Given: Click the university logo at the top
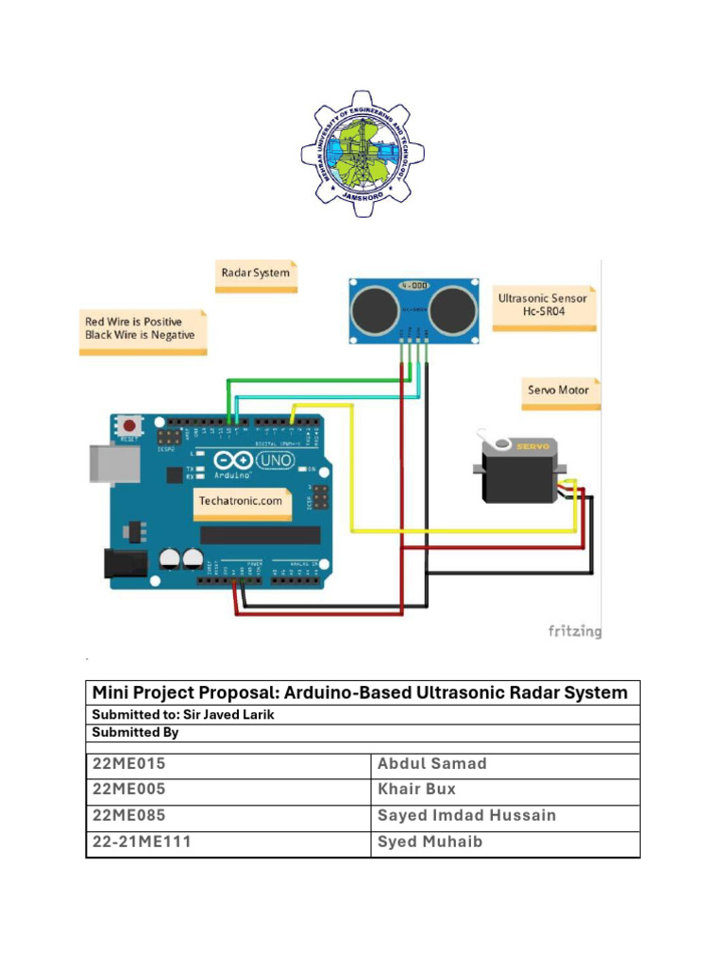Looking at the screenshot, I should pyautogui.click(x=362, y=153).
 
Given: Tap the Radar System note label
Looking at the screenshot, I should pyautogui.click(x=255, y=274).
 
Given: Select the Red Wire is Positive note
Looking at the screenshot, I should pyautogui.click(x=141, y=328).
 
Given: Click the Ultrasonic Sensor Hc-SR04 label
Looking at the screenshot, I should pyautogui.click(x=542, y=305).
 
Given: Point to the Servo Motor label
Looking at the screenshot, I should pyautogui.click(x=558, y=390).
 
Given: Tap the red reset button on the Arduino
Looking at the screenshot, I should pyautogui.click(x=128, y=425).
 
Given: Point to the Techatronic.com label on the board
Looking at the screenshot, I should pyautogui.click(x=240, y=501).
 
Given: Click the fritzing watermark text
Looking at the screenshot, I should pyautogui.click(x=574, y=631).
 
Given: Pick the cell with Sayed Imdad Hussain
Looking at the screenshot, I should pyautogui.click(x=466, y=815).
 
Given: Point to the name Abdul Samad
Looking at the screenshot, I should pyautogui.click(x=431, y=764).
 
